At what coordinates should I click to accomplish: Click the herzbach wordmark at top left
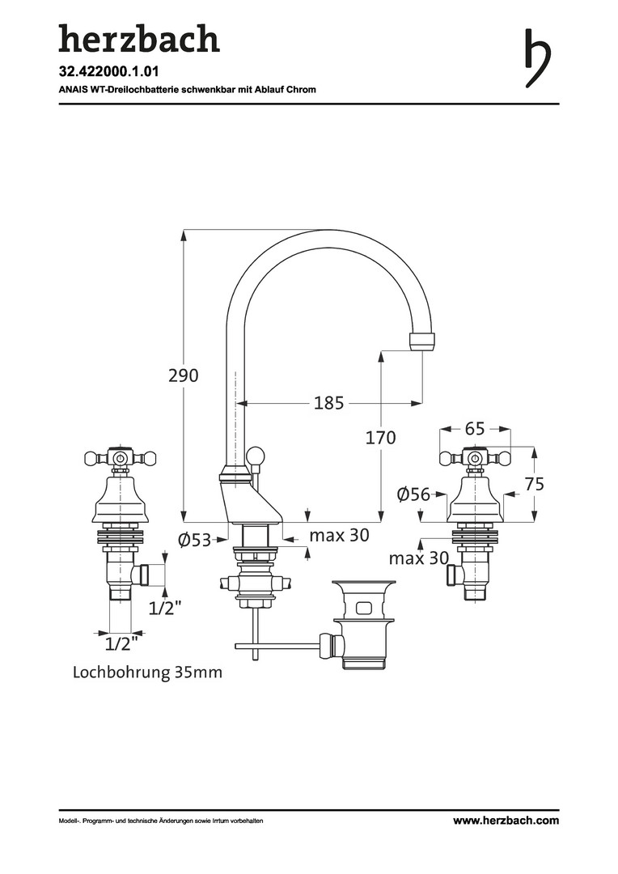(139, 39)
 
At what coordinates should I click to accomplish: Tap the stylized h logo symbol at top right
(537, 58)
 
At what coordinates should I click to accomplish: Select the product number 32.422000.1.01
(105, 71)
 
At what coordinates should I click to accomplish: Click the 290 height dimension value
(184, 375)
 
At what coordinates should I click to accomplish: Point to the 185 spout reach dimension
(328, 402)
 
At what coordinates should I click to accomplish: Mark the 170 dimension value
(381, 438)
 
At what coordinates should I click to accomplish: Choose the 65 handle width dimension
(475, 429)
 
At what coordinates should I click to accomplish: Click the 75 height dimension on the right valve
(535, 483)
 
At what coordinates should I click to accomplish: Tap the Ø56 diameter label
(413, 494)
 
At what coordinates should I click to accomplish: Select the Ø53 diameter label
(194, 540)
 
